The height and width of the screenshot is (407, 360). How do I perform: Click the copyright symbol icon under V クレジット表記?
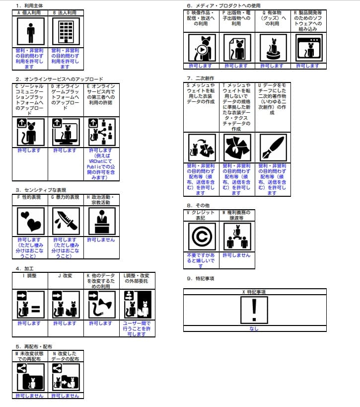[201, 236]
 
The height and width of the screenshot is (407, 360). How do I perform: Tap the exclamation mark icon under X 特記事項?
[254, 310]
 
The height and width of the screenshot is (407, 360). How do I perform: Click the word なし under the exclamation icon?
[254, 329]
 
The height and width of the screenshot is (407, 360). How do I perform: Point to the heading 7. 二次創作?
[200, 78]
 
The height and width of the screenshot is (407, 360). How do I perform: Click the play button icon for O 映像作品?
[201, 48]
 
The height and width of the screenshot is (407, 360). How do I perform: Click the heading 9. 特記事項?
[201, 279]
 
